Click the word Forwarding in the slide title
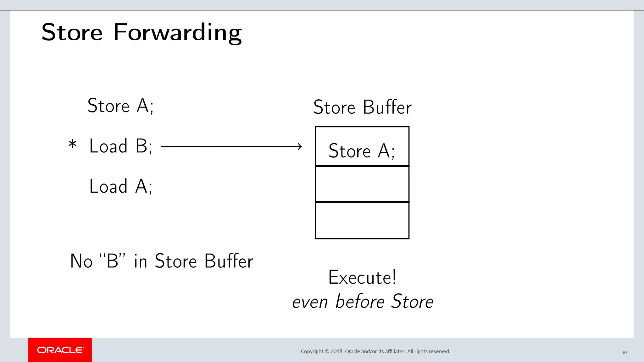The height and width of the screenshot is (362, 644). click(177, 33)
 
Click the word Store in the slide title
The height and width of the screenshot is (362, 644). click(72, 33)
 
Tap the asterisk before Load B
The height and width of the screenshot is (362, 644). click(72, 145)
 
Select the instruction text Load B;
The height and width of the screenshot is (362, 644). click(121, 146)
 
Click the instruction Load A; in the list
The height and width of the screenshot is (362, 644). click(121, 186)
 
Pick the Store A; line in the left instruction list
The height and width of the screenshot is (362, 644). click(120, 106)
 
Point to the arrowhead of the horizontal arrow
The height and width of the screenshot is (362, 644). click(300, 146)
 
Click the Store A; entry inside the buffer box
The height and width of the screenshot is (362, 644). click(362, 151)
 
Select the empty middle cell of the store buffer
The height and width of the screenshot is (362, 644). click(362, 184)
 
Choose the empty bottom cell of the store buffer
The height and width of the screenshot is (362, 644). click(362, 220)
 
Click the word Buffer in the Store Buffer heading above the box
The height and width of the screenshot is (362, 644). click(387, 107)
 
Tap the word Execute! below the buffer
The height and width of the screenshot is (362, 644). click(362, 277)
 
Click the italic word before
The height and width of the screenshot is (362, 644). click(360, 302)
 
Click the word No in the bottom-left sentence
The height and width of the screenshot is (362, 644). click(81, 261)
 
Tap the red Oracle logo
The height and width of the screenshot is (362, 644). click(60, 350)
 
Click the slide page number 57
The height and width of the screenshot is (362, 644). click(625, 352)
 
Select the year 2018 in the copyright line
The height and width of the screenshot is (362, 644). click(336, 351)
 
